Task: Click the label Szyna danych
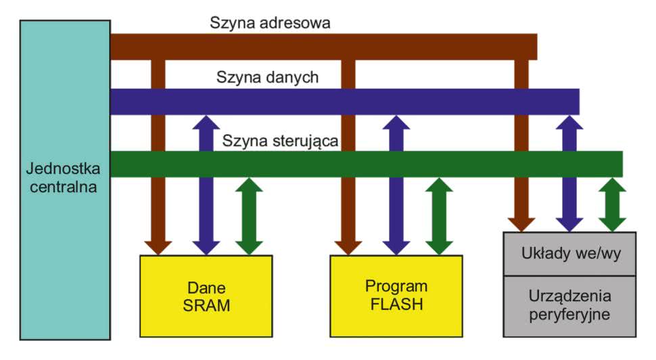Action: pyautogui.click(x=267, y=77)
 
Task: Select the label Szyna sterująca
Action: pyautogui.click(x=280, y=141)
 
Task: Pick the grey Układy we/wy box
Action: pyautogui.click(x=570, y=254)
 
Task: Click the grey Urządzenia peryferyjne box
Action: pyautogui.click(x=570, y=306)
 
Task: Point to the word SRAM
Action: pyautogui.click(x=206, y=305)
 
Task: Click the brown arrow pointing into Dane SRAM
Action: pyautogui.click(x=158, y=203)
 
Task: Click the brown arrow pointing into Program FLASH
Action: pyautogui.click(x=348, y=203)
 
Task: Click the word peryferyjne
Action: pyautogui.click(x=570, y=315)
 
